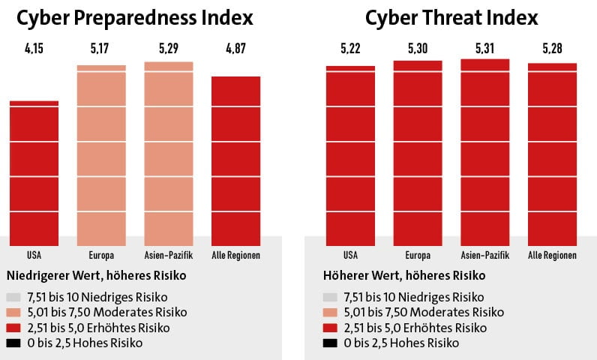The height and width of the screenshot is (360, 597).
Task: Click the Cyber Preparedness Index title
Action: (x=134, y=18)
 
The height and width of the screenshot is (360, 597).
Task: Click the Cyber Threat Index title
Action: (x=451, y=18)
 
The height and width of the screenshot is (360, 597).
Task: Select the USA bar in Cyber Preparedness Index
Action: (x=34, y=172)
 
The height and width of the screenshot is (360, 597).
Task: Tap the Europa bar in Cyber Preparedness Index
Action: (x=101, y=154)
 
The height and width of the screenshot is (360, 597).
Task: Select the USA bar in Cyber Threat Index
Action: (x=350, y=154)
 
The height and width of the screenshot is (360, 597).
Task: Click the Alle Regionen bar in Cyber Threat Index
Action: (x=553, y=154)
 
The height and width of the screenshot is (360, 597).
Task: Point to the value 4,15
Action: (x=34, y=50)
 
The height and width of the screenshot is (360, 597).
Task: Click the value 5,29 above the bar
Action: (x=169, y=50)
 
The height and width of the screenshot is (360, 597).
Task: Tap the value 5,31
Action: (x=485, y=50)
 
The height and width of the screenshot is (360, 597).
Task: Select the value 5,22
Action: (x=350, y=50)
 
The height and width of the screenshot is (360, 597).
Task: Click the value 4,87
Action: (x=235, y=50)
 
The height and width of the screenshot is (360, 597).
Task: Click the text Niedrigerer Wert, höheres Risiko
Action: (x=95, y=275)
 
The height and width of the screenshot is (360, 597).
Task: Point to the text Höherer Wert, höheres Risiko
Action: (x=405, y=275)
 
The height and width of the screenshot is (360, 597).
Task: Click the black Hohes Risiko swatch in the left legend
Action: (x=13, y=343)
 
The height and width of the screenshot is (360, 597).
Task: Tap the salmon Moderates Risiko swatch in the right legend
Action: (x=330, y=312)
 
